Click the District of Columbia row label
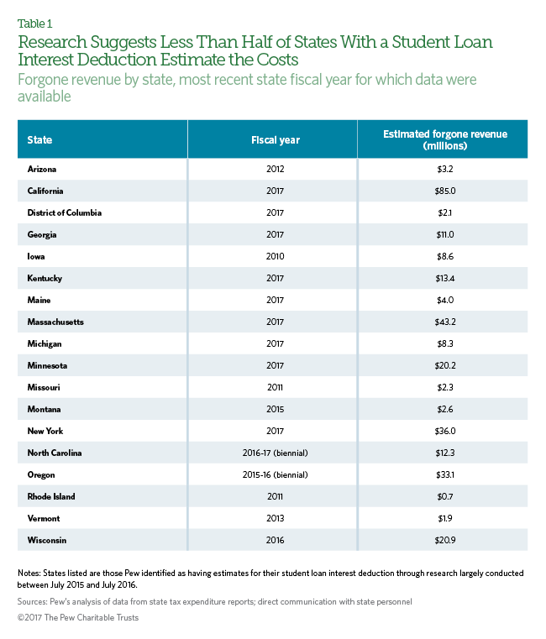[65, 212]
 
